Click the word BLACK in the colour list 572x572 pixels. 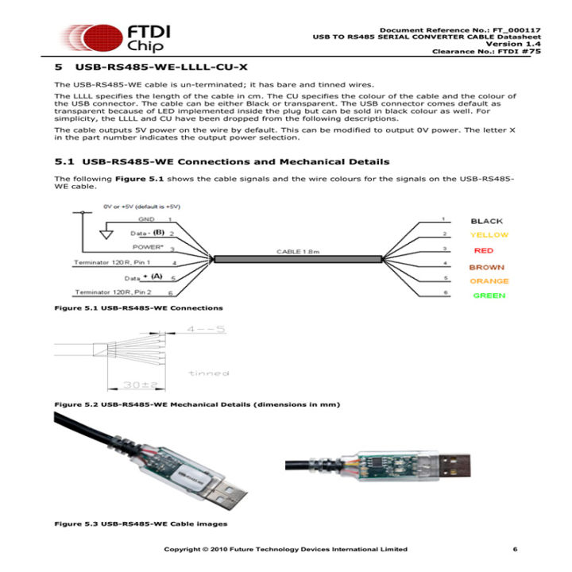point(486,221)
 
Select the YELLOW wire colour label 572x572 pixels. point(489,235)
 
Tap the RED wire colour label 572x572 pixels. point(483,250)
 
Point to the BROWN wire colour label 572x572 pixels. point(487,268)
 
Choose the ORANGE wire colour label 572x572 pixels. point(489,281)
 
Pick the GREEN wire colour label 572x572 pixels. point(489,296)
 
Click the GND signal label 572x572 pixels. point(147,218)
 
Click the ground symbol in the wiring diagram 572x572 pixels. point(106,234)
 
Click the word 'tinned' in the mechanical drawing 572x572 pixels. point(209,373)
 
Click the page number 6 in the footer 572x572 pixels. point(515,549)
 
